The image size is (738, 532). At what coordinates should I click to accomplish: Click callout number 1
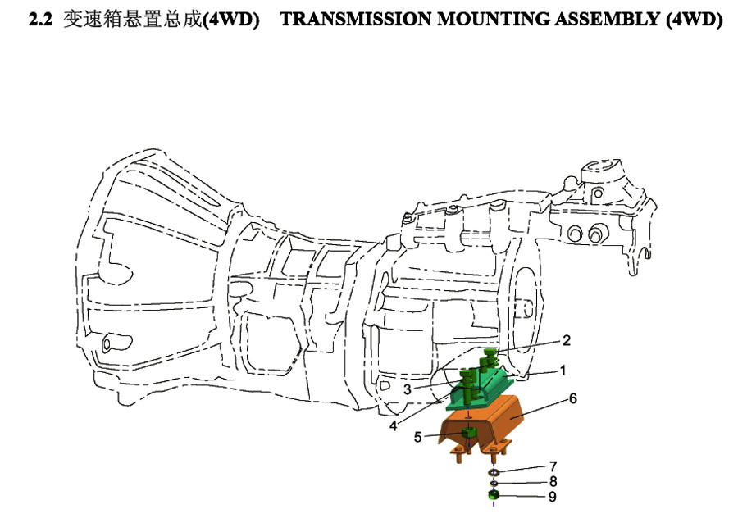coord(562,371)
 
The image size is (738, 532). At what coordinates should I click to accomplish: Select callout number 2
coord(566,340)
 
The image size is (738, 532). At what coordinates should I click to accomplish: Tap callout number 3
coord(408,389)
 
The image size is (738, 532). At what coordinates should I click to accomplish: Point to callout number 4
coord(394,425)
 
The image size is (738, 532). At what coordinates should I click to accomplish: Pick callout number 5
coord(418,438)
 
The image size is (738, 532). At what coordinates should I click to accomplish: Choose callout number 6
coord(573,399)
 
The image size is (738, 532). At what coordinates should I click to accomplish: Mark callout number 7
coord(553,466)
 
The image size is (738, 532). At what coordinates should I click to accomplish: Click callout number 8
coord(553,481)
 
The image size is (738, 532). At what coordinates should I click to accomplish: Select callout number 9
coord(553,497)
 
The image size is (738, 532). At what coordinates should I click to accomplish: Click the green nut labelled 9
coord(494,495)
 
